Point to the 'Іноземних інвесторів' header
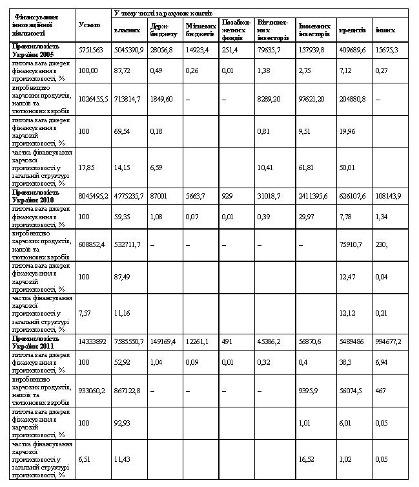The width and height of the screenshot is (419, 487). click(314, 30)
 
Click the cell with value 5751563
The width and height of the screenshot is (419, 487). click(90, 49)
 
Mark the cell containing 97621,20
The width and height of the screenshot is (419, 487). click(314, 98)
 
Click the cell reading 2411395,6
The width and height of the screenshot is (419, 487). click(315, 195)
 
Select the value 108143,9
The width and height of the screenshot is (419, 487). click(389, 195)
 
